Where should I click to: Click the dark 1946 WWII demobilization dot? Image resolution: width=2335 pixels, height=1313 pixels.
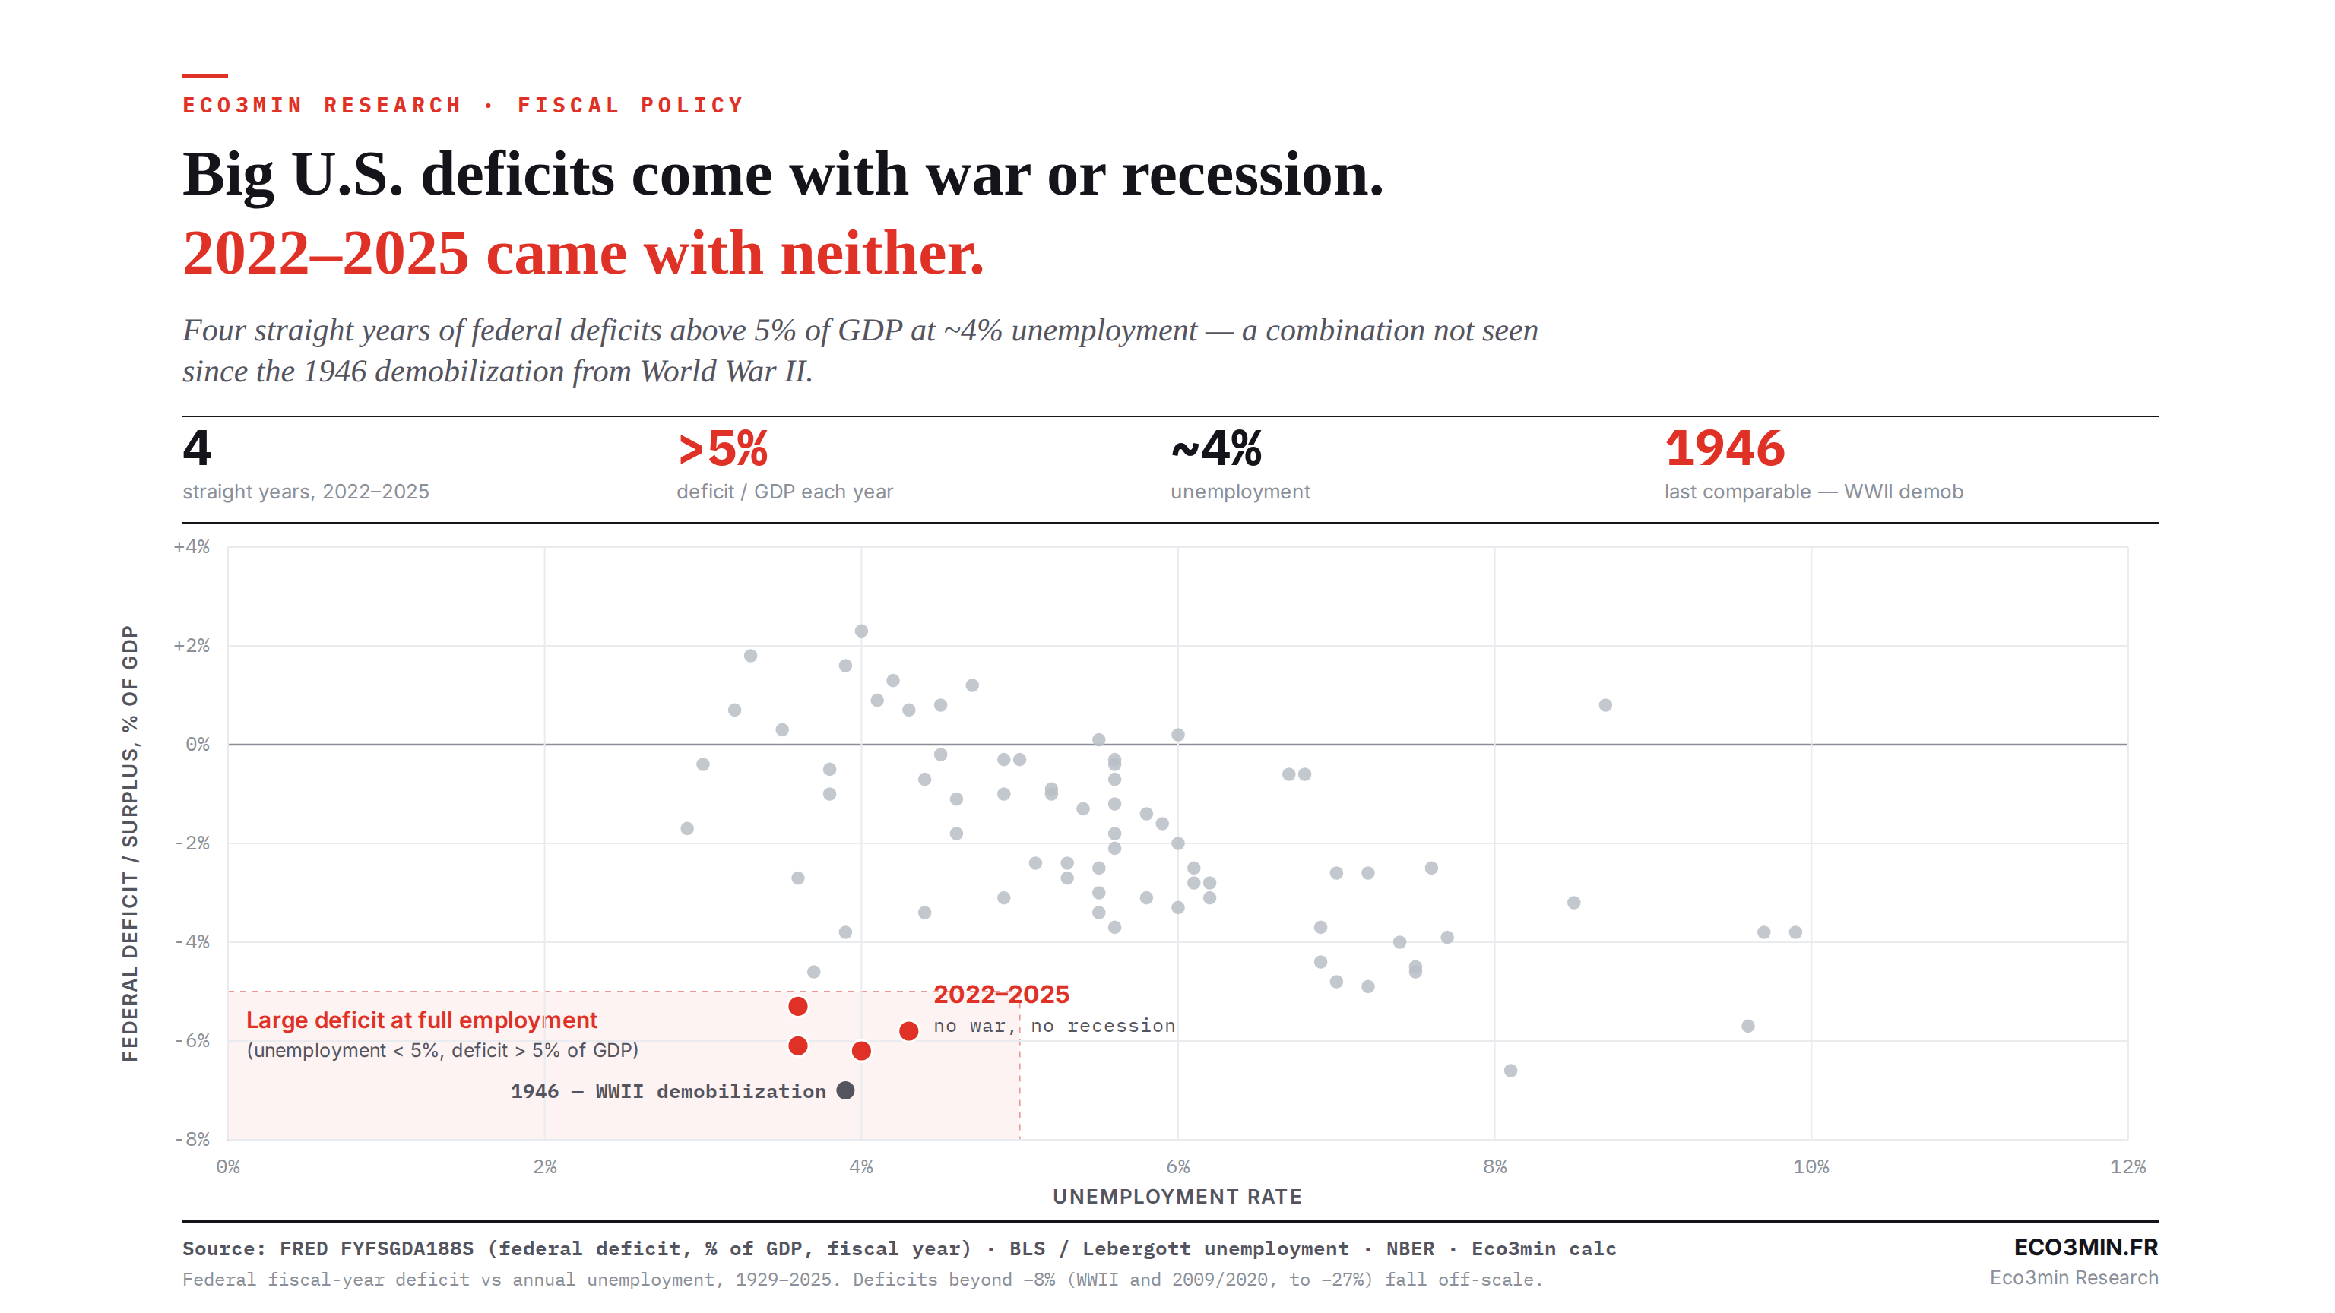pyautogui.click(x=844, y=1090)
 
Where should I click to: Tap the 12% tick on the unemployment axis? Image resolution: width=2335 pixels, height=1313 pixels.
pyautogui.click(x=2127, y=1166)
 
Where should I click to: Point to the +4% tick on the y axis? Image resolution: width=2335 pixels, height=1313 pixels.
pyautogui.click(x=192, y=546)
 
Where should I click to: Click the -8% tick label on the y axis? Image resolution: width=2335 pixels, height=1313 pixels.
pyautogui.click(x=192, y=1139)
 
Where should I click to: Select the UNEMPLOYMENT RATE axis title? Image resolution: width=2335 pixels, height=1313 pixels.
pyautogui.click(x=1177, y=1196)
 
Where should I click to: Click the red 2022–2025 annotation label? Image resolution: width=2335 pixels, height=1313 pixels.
pyautogui.click(x=1001, y=994)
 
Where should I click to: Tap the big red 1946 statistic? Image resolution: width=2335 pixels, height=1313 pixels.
pyautogui.click(x=1724, y=448)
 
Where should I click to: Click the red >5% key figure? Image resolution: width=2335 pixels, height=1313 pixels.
pyautogui.click(x=722, y=448)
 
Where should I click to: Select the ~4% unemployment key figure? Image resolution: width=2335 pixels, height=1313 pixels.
pyautogui.click(x=1215, y=448)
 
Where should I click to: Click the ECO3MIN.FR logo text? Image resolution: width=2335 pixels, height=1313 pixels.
pyautogui.click(x=2085, y=1247)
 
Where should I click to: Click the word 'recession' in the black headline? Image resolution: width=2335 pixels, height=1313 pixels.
pyautogui.click(x=1252, y=174)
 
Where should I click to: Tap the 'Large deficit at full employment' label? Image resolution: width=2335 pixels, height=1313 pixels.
pyautogui.click(x=422, y=1020)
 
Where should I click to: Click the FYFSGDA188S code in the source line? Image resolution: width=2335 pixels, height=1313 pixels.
pyautogui.click(x=406, y=1248)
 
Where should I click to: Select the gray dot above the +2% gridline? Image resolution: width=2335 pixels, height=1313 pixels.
pyautogui.click(x=861, y=631)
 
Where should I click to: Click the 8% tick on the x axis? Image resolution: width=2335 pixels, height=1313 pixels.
pyautogui.click(x=1494, y=1166)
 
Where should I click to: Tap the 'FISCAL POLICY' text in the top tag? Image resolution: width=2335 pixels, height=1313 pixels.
pyautogui.click(x=630, y=105)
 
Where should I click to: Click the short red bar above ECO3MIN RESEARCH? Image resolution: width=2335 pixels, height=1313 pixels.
pyautogui.click(x=205, y=75)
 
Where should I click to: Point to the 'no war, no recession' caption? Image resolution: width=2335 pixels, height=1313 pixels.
pyautogui.click(x=1054, y=1025)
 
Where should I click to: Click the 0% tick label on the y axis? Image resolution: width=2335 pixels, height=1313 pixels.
pyautogui.click(x=197, y=744)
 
